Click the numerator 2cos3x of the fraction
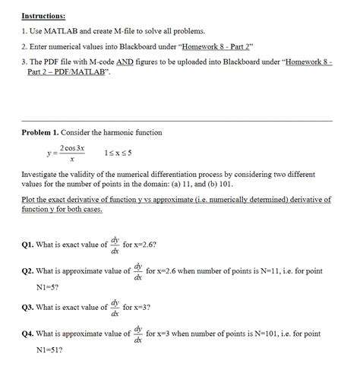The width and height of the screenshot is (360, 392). (71, 147)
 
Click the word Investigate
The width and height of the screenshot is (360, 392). (43, 174)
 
